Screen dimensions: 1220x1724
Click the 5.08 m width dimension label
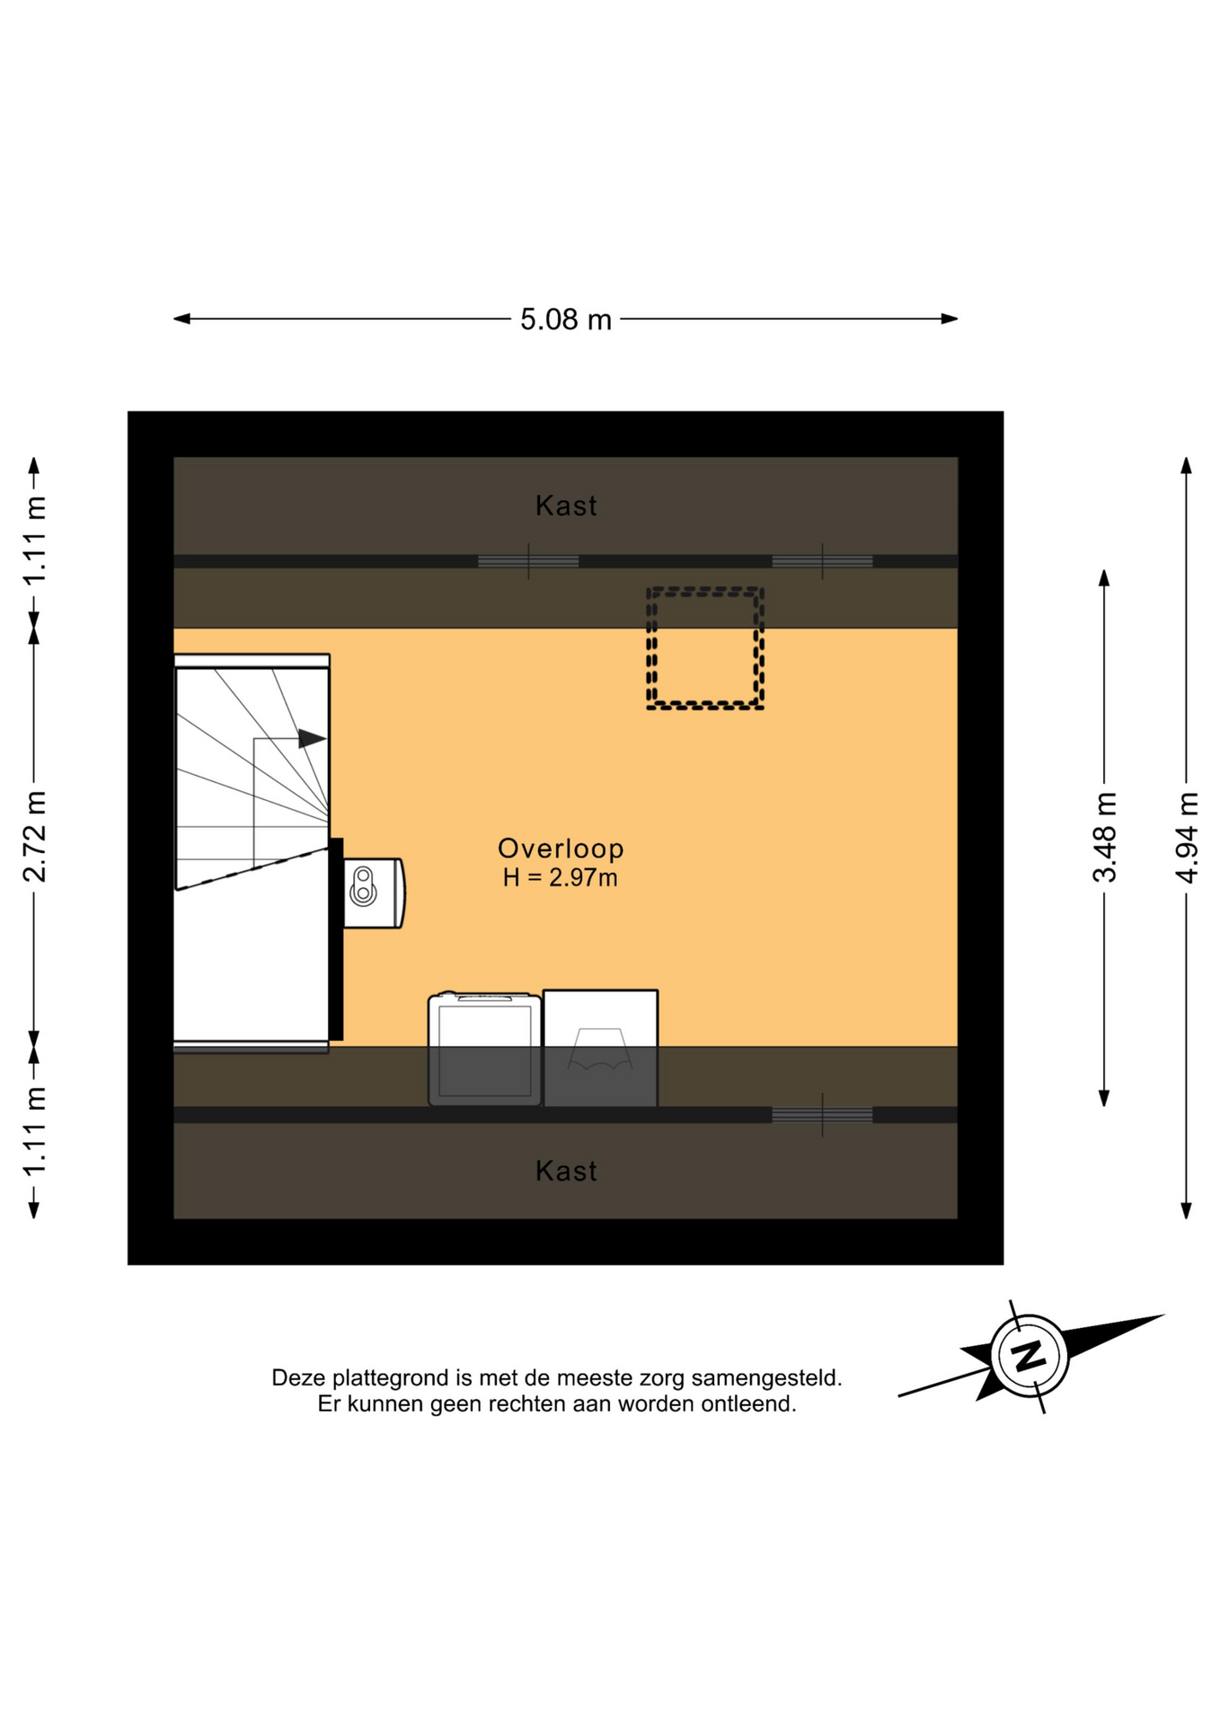pyautogui.click(x=566, y=319)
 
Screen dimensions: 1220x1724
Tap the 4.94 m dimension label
pyautogui.click(x=1187, y=838)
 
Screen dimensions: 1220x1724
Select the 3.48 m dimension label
pyautogui.click(x=1104, y=838)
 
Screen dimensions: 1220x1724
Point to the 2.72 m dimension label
pyautogui.click(x=34, y=837)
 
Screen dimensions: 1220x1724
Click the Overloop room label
pyautogui.click(x=561, y=849)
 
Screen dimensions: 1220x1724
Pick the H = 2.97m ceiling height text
pyautogui.click(x=561, y=878)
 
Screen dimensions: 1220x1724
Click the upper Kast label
pyautogui.click(x=566, y=506)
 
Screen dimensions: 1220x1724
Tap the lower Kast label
pyautogui.click(x=566, y=1171)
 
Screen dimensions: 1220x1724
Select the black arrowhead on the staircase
pyautogui.click(x=312, y=739)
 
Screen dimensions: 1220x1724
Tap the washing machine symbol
pyautogui.click(x=485, y=1049)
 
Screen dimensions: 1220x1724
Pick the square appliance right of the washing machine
pyautogui.click(x=601, y=1048)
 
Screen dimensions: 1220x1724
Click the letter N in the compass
pyautogui.click(x=1029, y=1356)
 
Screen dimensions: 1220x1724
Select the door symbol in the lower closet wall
pyautogui.click(x=822, y=1115)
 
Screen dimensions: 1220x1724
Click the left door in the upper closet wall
pyautogui.click(x=528, y=562)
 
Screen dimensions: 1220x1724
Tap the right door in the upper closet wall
pyautogui.click(x=822, y=562)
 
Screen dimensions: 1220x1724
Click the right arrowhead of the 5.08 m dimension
pyautogui.click(x=950, y=319)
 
